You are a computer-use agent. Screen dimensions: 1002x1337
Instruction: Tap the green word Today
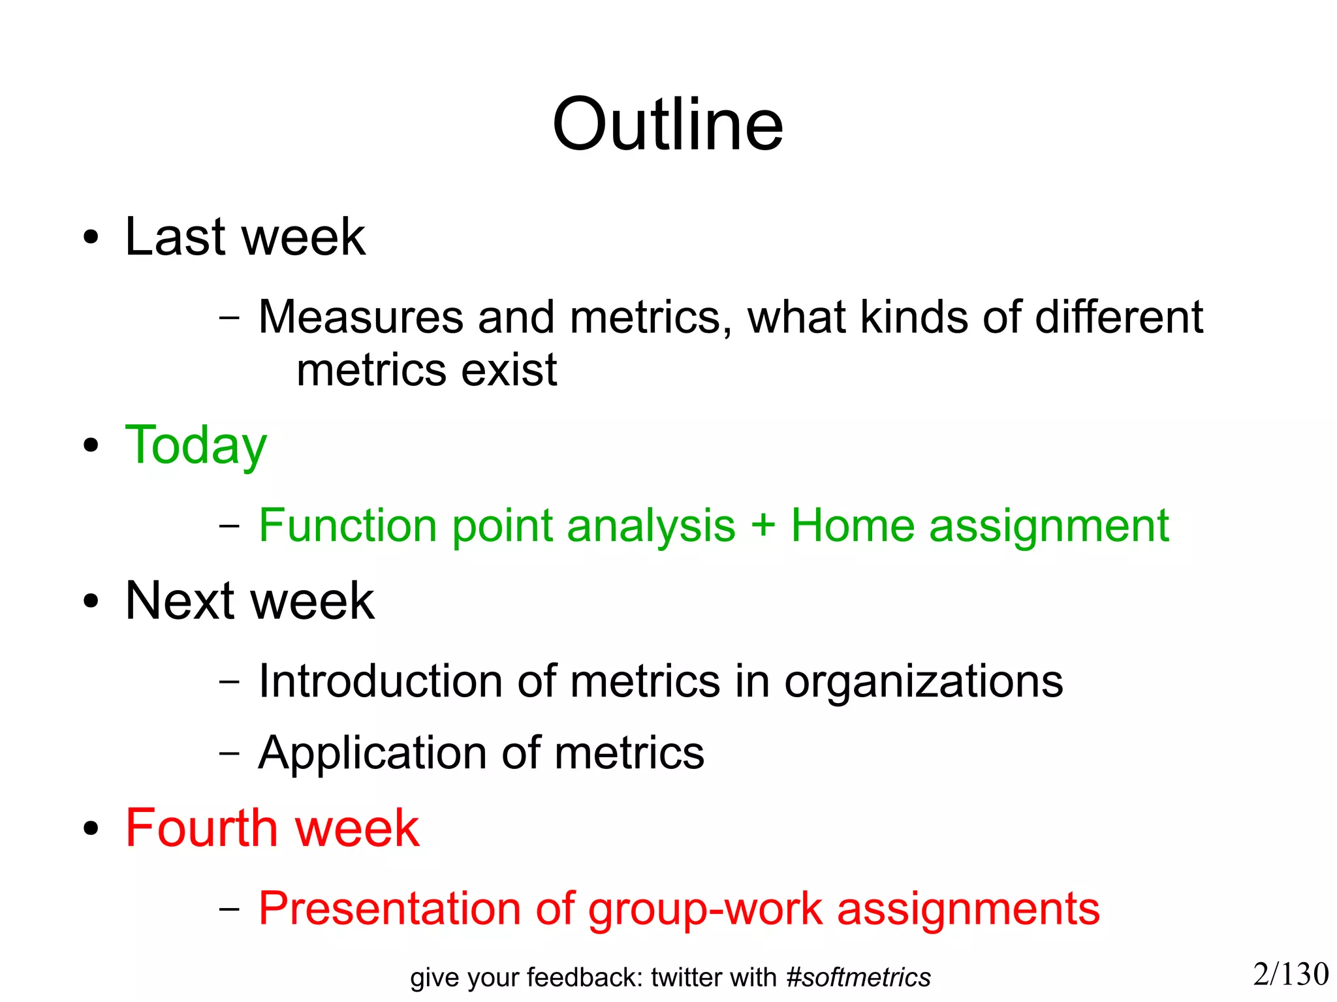pyautogui.click(x=196, y=446)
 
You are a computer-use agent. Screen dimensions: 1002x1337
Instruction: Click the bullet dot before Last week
pyautogui.click(x=91, y=238)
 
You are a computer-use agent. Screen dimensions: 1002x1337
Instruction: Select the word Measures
pyautogui.click(x=360, y=317)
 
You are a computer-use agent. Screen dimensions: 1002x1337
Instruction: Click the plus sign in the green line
pyautogui.click(x=763, y=526)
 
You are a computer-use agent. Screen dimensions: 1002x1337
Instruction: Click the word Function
pyautogui.click(x=347, y=525)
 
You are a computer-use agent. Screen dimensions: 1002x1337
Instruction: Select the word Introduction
pyautogui.click(x=380, y=681)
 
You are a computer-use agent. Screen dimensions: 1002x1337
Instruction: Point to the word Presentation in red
pyautogui.click(x=390, y=909)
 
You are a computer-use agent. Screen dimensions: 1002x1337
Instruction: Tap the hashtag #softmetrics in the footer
pyautogui.click(x=858, y=978)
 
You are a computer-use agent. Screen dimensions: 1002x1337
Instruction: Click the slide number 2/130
pyautogui.click(x=1291, y=975)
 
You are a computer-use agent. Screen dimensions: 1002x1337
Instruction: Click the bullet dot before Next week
pyautogui.click(x=91, y=602)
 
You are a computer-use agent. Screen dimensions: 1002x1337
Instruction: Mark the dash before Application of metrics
pyautogui.click(x=229, y=753)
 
